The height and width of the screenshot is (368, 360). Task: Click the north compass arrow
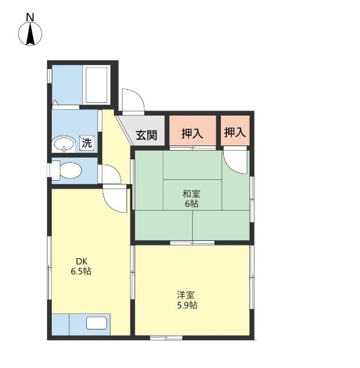click(30, 34)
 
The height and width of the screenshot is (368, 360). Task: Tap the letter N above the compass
click(30, 17)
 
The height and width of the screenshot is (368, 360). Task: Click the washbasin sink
click(64, 144)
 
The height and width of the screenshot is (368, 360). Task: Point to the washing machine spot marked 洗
click(87, 143)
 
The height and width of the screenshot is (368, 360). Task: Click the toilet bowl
click(67, 170)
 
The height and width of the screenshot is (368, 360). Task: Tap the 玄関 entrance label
click(147, 135)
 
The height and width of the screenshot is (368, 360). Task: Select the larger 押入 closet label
click(192, 133)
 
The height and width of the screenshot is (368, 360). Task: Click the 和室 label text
click(192, 194)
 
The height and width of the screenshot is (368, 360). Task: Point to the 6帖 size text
click(192, 204)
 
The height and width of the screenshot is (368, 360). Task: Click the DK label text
click(82, 261)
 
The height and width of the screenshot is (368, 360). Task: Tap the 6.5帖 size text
click(81, 271)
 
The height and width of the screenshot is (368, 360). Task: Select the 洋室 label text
click(186, 295)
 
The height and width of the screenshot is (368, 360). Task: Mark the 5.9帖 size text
click(187, 305)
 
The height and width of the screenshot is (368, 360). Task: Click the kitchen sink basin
click(97, 323)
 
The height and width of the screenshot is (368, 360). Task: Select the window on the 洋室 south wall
click(166, 338)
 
